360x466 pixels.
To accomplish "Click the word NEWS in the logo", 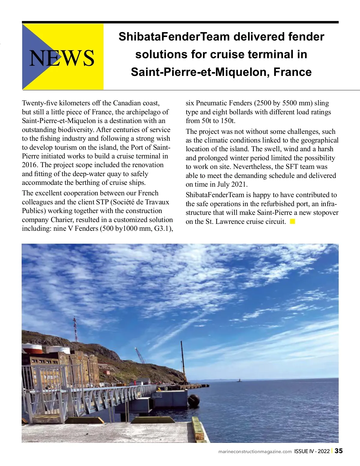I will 62,58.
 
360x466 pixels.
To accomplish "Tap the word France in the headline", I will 292,72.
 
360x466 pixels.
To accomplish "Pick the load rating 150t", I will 227,121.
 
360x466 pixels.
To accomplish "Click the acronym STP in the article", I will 102,202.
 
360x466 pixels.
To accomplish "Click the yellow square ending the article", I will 293,221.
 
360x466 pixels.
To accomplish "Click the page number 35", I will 339,451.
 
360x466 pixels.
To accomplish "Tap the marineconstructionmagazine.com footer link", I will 255,452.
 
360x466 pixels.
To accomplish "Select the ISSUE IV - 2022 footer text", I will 312,451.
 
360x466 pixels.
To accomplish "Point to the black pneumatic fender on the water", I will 194,400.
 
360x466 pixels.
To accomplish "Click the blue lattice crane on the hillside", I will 140,356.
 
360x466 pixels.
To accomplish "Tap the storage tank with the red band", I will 32,348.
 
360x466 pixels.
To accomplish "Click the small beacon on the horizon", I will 239,380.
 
